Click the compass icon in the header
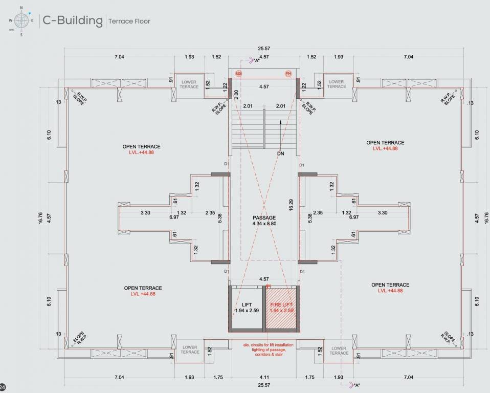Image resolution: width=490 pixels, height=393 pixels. pyautogui.click(x=21, y=21)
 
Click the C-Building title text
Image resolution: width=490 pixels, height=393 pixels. pyautogui.click(x=72, y=20)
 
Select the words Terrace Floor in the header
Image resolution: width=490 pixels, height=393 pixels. pyautogui.click(x=129, y=21)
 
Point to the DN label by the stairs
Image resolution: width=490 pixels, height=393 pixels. pyautogui.click(x=280, y=154)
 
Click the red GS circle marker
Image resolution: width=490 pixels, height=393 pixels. pyautogui.click(x=239, y=74)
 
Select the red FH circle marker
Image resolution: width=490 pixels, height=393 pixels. pyautogui.click(x=288, y=74)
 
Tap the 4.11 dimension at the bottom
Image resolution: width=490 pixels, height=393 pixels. pyautogui.click(x=264, y=377)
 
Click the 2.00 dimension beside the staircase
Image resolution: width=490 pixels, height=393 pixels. pyautogui.click(x=236, y=94)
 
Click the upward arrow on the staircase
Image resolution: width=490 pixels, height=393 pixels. pyautogui.click(x=280, y=122)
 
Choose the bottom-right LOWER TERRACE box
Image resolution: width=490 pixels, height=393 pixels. pyautogui.click(x=339, y=351)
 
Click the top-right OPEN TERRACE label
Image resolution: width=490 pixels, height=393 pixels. pyautogui.click(x=385, y=143)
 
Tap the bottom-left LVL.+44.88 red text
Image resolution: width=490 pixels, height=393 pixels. pyautogui.click(x=143, y=294)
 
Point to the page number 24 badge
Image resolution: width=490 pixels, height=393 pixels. pyautogui.click(x=3, y=387)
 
